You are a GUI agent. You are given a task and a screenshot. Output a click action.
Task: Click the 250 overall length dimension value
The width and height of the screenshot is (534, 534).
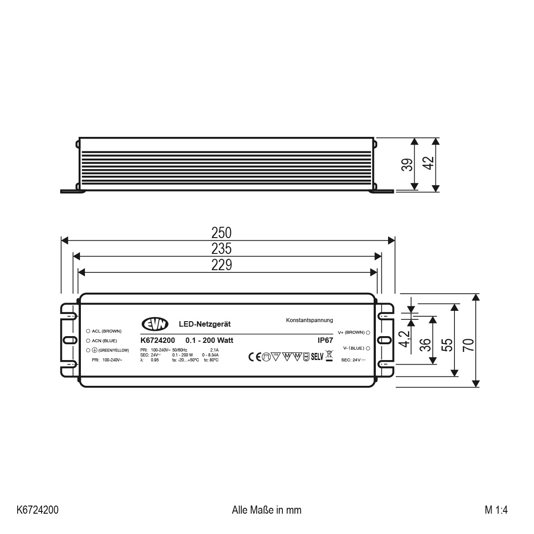pyautogui.click(x=221, y=233)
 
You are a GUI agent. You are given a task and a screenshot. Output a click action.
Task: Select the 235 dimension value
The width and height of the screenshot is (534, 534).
pyautogui.click(x=221, y=249)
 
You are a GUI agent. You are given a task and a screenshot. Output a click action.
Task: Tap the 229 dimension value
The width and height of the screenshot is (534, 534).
pyautogui.click(x=221, y=265)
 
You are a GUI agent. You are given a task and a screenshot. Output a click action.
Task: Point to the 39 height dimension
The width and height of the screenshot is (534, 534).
pyautogui.click(x=407, y=164)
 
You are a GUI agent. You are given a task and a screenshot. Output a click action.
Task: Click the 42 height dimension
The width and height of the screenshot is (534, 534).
pyautogui.click(x=428, y=163)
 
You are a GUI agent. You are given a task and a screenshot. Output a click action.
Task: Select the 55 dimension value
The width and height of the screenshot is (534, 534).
pyautogui.click(x=447, y=345)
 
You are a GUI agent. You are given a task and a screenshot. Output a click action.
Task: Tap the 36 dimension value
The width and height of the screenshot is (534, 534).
pyautogui.click(x=425, y=345)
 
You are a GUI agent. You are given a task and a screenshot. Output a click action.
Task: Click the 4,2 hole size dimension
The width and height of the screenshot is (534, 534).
pyautogui.click(x=405, y=339)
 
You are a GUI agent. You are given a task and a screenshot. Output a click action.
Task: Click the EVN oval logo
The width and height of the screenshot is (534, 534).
pyautogui.click(x=155, y=324)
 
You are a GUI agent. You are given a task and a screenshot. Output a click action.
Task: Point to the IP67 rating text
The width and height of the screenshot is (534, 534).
pyautogui.click(x=325, y=341)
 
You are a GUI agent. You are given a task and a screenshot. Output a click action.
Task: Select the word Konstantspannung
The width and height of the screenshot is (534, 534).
pyautogui.click(x=309, y=320)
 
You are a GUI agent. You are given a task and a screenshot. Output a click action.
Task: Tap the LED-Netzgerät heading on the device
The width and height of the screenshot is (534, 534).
pyautogui.click(x=205, y=324)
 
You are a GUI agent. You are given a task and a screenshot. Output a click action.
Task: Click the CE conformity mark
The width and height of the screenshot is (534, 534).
pyautogui.click(x=255, y=357)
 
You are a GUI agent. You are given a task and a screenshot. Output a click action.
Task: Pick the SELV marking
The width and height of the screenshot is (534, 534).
pyautogui.click(x=317, y=357)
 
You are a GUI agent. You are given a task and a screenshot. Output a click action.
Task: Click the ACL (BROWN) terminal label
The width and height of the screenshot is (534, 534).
pyautogui.click(x=107, y=331)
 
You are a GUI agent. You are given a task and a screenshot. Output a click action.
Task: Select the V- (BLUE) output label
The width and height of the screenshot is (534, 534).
pyautogui.click(x=353, y=348)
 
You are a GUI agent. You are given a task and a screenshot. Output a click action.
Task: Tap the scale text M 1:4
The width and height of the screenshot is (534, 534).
pyautogui.click(x=496, y=510)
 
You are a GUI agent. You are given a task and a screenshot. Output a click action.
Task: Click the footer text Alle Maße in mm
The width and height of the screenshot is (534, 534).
pyautogui.click(x=267, y=510)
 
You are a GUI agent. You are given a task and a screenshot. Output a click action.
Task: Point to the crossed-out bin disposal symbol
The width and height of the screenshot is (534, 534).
pyautogui.click(x=329, y=356)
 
